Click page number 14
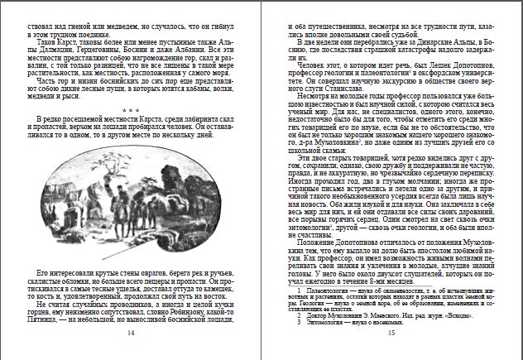pyautogui.click(x=131, y=333)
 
